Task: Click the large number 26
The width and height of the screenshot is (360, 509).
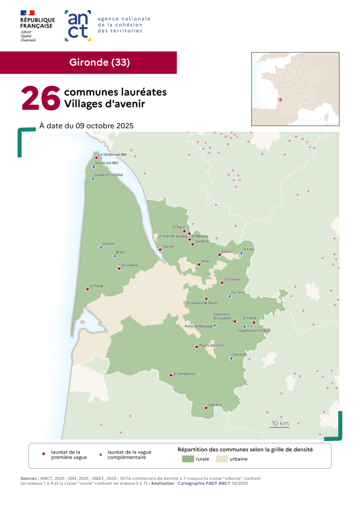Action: tap(40, 98)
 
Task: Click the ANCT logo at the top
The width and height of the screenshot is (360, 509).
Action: tap(78, 25)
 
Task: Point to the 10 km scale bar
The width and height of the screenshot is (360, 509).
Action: tap(280, 424)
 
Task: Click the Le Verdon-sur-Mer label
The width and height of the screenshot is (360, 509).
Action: tap(113, 154)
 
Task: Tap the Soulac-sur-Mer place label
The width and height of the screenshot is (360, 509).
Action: tap(107, 163)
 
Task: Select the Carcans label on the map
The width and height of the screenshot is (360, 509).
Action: tap(109, 243)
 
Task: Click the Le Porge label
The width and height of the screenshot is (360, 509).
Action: tap(96, 286)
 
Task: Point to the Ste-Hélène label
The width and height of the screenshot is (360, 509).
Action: tap(130, 265)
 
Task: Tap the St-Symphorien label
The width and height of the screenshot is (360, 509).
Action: tap(185, 373)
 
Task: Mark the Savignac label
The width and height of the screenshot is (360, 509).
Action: tap(240, 354)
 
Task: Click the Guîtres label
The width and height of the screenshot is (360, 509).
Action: tap(228, 252)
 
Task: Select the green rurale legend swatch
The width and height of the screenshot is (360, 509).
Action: tap(187, 460)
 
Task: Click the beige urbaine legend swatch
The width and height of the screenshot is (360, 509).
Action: tap(220, 460)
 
